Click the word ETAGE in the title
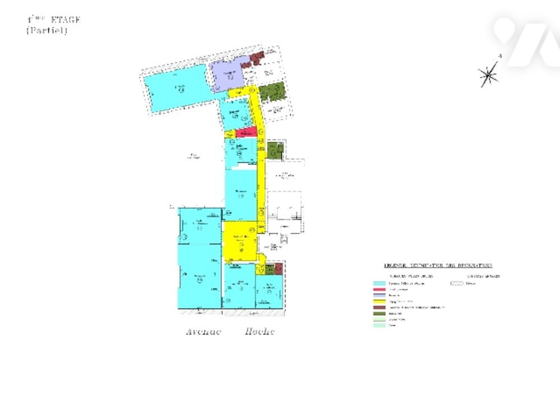click(x=66, y=20)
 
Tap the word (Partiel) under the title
click(x=46, y=31)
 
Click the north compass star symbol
click(x=489, y=74)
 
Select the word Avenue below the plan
click(x=204, y=332)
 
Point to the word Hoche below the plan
click(x=260, y=332)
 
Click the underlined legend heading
click(x=438, y=265)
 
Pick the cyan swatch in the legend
click(x=379, y=284)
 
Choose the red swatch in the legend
click(x=379, y=290)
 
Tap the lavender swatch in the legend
click(x=379, y=296)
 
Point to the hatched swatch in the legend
click(x=457, y=284)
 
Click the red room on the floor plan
click(x=246, y=132)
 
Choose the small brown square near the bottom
click(x=270, y=269)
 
